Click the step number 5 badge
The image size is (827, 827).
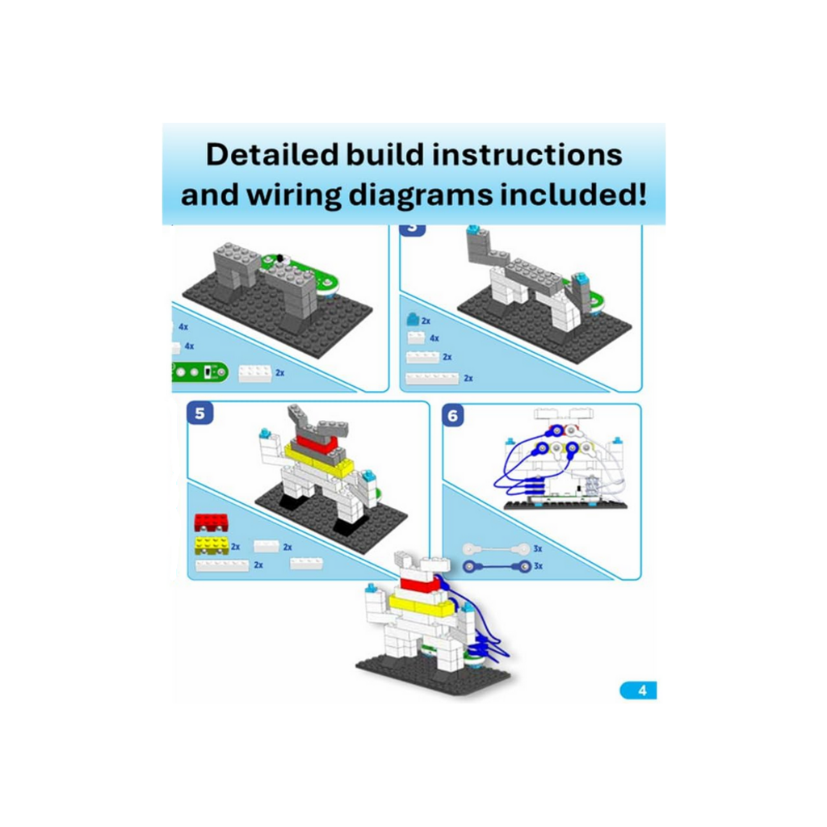tap(200, 413)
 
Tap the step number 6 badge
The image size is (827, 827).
tap(453, 415)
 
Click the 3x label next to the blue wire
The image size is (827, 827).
tap(538, 567)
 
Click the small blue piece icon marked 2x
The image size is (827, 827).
tap(413, 320)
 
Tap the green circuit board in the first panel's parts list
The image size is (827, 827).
tap(198, 372)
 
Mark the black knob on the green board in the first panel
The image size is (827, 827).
tap(278, 258)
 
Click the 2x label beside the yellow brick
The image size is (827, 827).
tap(236, 547)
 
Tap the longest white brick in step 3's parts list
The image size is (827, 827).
tap(432, 378)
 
